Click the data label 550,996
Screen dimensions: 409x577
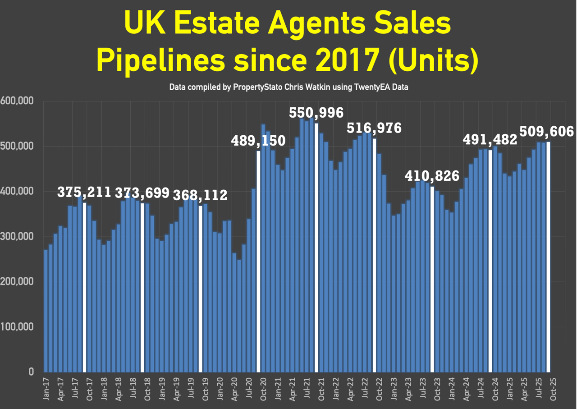pyautogui.click(x=316, y=113)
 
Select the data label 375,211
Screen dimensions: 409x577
pyautogui.click(x=84, y=193)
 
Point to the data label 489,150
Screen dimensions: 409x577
pyautogui.click(x=258, y=141)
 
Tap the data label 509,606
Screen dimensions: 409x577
pyautogui.click(x=547, y=132)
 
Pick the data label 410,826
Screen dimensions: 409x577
pyautogui.click(x=432, y=176)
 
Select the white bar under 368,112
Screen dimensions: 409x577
pyautogui.click(x=201, y=289)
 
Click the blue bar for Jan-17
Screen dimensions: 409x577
pyautogui.click(x=46, y=311)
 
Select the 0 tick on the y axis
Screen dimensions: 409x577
pyautogui.click(x=31, y=372)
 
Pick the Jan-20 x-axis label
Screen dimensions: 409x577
pyautogui.click(x=220, y=389)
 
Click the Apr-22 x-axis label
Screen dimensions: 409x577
pyautogui.click(x=350, y=389)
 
